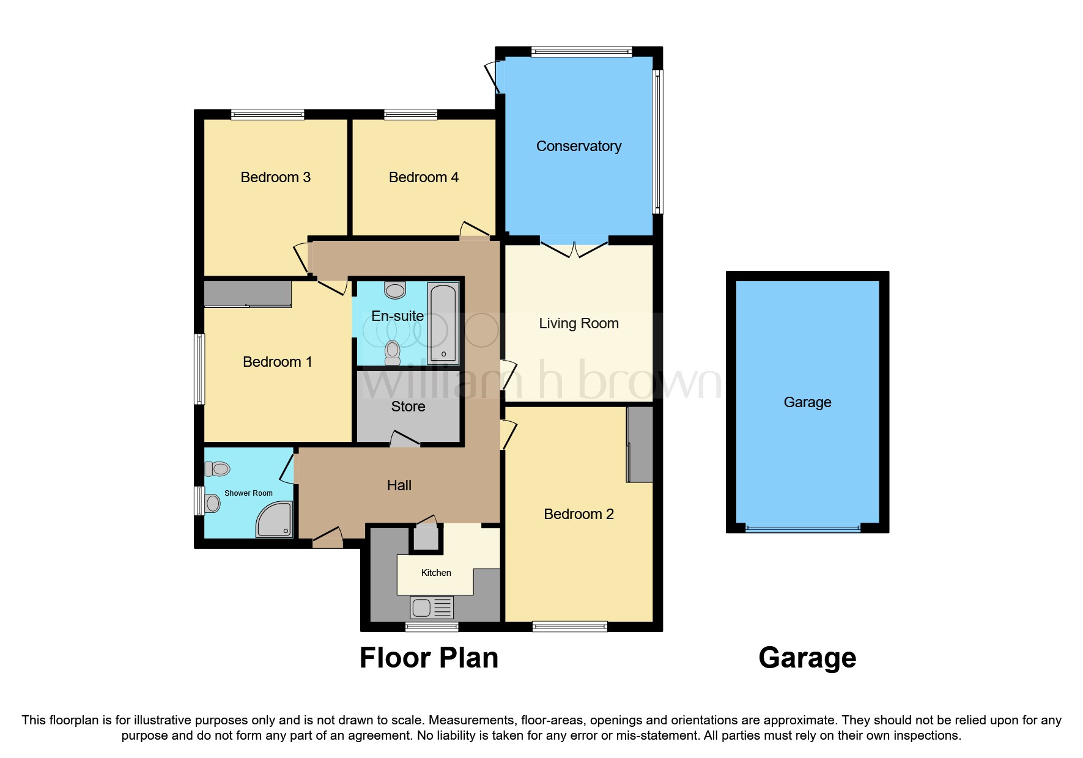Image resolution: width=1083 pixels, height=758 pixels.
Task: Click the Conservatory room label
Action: point(578,146)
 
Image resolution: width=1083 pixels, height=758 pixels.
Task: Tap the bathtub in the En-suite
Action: point(443,323)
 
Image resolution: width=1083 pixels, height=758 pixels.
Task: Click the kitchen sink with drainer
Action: point(432,608)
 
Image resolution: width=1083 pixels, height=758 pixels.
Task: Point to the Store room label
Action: point(408,407)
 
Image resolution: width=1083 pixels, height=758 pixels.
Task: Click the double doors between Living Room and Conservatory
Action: point(575,249)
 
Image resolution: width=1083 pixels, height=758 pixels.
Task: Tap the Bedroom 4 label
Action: point(423,177)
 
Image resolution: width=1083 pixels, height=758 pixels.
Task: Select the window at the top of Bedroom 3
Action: point(267,114)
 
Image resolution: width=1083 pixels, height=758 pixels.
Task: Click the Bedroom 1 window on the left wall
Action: point(199,369)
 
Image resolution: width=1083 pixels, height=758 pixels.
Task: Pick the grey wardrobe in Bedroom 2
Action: point(640,444)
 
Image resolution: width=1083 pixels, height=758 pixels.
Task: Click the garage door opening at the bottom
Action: point(802,529)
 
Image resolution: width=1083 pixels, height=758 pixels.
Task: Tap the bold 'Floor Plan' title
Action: point(429,658)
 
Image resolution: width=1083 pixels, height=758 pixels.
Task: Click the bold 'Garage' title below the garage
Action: point(807,658)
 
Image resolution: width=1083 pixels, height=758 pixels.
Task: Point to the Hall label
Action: point(399,485)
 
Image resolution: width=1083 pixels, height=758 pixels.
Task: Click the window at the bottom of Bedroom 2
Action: point(569,626)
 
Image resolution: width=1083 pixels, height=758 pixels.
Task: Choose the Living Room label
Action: point(578,323)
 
